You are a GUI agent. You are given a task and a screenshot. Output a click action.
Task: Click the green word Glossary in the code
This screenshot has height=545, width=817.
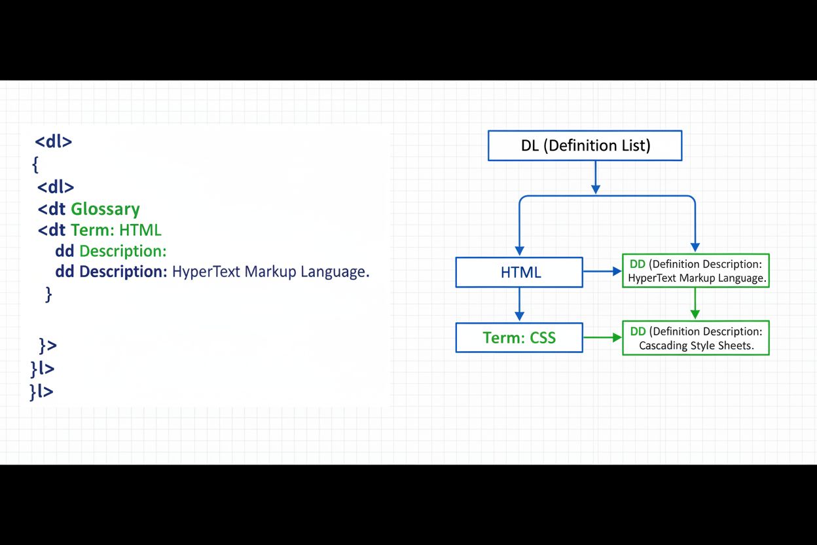point(105,209)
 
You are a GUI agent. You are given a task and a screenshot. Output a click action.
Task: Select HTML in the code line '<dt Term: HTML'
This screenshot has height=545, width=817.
point(140,230)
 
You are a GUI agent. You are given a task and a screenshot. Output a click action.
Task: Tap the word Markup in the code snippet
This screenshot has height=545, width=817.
point(271,271)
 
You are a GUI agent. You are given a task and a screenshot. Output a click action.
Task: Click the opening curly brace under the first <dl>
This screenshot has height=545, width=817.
point(35,164)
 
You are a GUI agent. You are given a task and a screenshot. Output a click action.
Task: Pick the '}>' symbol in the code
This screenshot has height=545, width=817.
point(48,345)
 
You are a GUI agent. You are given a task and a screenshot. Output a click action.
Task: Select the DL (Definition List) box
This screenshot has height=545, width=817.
point(585,145)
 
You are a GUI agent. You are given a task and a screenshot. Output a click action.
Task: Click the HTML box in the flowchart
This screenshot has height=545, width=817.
point(519,272)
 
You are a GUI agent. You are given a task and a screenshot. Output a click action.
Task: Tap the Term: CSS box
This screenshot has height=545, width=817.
point(519,337)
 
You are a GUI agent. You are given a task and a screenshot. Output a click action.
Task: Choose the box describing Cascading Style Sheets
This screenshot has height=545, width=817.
point(695,338)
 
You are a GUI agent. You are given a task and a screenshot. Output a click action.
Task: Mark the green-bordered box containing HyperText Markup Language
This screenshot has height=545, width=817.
point(695,271)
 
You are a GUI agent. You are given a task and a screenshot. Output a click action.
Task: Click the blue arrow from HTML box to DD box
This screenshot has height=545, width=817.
point(602,271)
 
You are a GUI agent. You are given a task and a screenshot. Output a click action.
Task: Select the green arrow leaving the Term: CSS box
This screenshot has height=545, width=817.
point(602,337)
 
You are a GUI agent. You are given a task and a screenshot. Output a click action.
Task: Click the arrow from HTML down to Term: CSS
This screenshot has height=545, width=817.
point(519,304)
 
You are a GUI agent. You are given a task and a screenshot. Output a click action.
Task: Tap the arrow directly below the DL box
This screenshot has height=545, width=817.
point(595,177)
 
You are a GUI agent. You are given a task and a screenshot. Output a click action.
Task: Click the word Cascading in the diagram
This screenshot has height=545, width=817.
point(663,345)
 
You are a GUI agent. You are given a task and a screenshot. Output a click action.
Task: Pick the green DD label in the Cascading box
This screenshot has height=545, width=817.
point(638,331)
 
